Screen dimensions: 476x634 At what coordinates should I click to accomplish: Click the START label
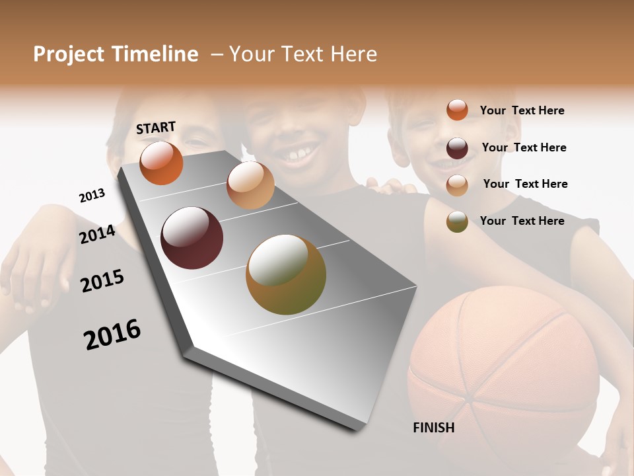(x=156, y=128)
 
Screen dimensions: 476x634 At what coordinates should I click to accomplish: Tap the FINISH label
(x=434, y=428)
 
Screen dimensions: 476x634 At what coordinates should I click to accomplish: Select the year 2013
(x=92, y=196)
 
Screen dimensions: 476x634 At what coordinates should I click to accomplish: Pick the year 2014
(x=98, y=234)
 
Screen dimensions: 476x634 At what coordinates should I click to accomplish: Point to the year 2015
(x=102, y=281)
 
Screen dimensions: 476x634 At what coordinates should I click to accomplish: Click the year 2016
(x=113, y=335)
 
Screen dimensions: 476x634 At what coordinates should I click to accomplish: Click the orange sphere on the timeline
(x=161, y=163)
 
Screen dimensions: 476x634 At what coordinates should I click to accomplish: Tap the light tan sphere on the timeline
(x=250, y=184)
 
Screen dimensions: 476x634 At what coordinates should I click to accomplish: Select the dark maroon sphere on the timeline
(x=192, y=237)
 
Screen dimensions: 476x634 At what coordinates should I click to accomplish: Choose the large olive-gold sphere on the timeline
(x=285, y=274)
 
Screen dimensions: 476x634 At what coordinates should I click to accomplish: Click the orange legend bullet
(x=457, y=110)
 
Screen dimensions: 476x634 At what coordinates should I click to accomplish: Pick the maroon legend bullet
(x=457, y=147)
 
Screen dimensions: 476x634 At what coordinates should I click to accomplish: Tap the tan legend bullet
(x=457, y=184)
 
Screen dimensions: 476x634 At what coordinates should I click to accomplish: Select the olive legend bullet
(x=457, y=221)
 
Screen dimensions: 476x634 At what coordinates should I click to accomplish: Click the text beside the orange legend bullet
(x=522, y=110)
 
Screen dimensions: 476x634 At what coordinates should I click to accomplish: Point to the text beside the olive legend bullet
(x=522, y=221)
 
